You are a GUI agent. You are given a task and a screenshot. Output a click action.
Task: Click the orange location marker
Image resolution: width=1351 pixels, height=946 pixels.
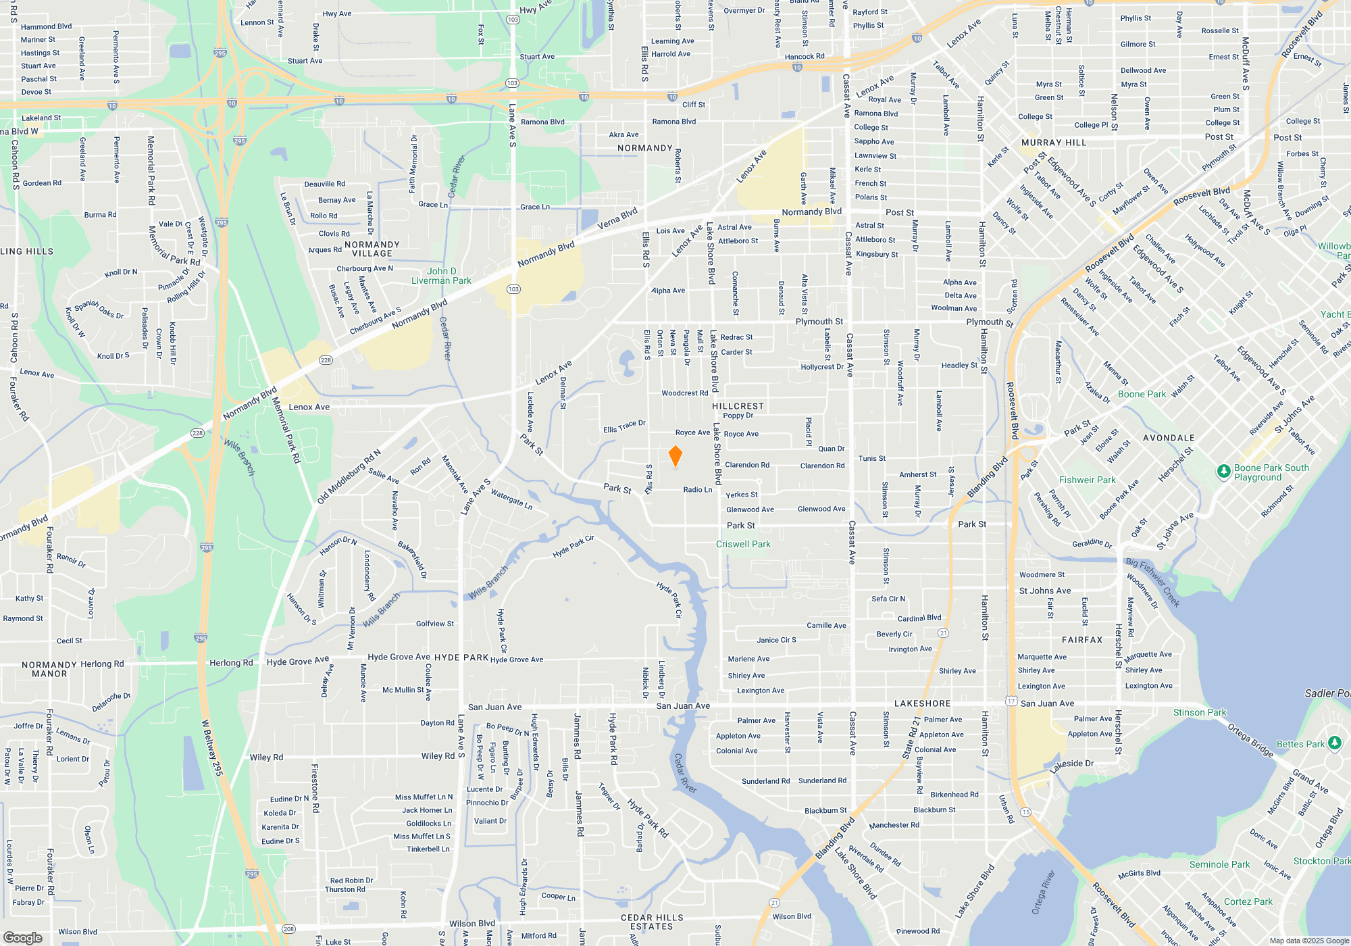click(675, 456)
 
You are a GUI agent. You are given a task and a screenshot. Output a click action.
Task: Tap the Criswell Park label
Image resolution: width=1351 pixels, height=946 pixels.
click(743, 544)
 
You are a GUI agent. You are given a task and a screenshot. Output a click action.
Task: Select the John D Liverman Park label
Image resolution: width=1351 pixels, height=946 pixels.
click(441, 276)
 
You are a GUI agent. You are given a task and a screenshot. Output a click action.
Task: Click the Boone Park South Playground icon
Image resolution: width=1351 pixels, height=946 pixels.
click(1223, 472)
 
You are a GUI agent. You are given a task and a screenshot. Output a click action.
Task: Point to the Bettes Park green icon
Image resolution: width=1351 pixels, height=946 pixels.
click(1334, 743)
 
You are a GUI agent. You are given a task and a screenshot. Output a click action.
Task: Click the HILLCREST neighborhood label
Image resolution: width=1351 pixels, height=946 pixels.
click(738, 406)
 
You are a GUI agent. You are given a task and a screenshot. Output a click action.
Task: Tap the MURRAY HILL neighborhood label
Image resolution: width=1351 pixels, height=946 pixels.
click(1054, 143)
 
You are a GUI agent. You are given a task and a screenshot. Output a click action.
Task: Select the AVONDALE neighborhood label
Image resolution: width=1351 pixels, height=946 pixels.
click(1169, 438)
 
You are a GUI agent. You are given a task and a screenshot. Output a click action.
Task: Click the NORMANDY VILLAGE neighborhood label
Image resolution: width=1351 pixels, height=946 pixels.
click(372, 249)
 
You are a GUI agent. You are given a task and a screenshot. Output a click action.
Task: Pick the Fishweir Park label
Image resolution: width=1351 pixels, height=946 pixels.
click(1088, 480)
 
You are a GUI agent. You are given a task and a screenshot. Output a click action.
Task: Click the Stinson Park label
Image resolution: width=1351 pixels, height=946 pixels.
click(1200, 712)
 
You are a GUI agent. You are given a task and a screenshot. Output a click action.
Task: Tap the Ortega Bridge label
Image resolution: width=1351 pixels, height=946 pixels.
click(1250, 740)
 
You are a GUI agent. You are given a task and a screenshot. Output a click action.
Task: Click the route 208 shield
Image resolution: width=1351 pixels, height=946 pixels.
click(288, 929)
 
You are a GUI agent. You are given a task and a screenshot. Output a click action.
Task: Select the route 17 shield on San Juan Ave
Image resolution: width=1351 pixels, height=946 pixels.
click(1011, 701)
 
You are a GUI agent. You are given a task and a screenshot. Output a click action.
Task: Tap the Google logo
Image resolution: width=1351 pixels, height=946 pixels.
click(23, 938)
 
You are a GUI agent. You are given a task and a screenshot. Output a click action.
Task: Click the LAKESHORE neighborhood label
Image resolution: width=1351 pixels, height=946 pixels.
click(922, 703)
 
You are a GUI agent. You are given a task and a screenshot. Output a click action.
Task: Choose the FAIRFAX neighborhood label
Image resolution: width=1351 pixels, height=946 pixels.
click(1082, 640)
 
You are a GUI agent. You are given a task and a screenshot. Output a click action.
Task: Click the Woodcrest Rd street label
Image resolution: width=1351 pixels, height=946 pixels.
click(685, 393)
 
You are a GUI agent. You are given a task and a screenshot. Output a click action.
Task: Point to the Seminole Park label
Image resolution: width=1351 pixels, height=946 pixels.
click(1219, 864)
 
